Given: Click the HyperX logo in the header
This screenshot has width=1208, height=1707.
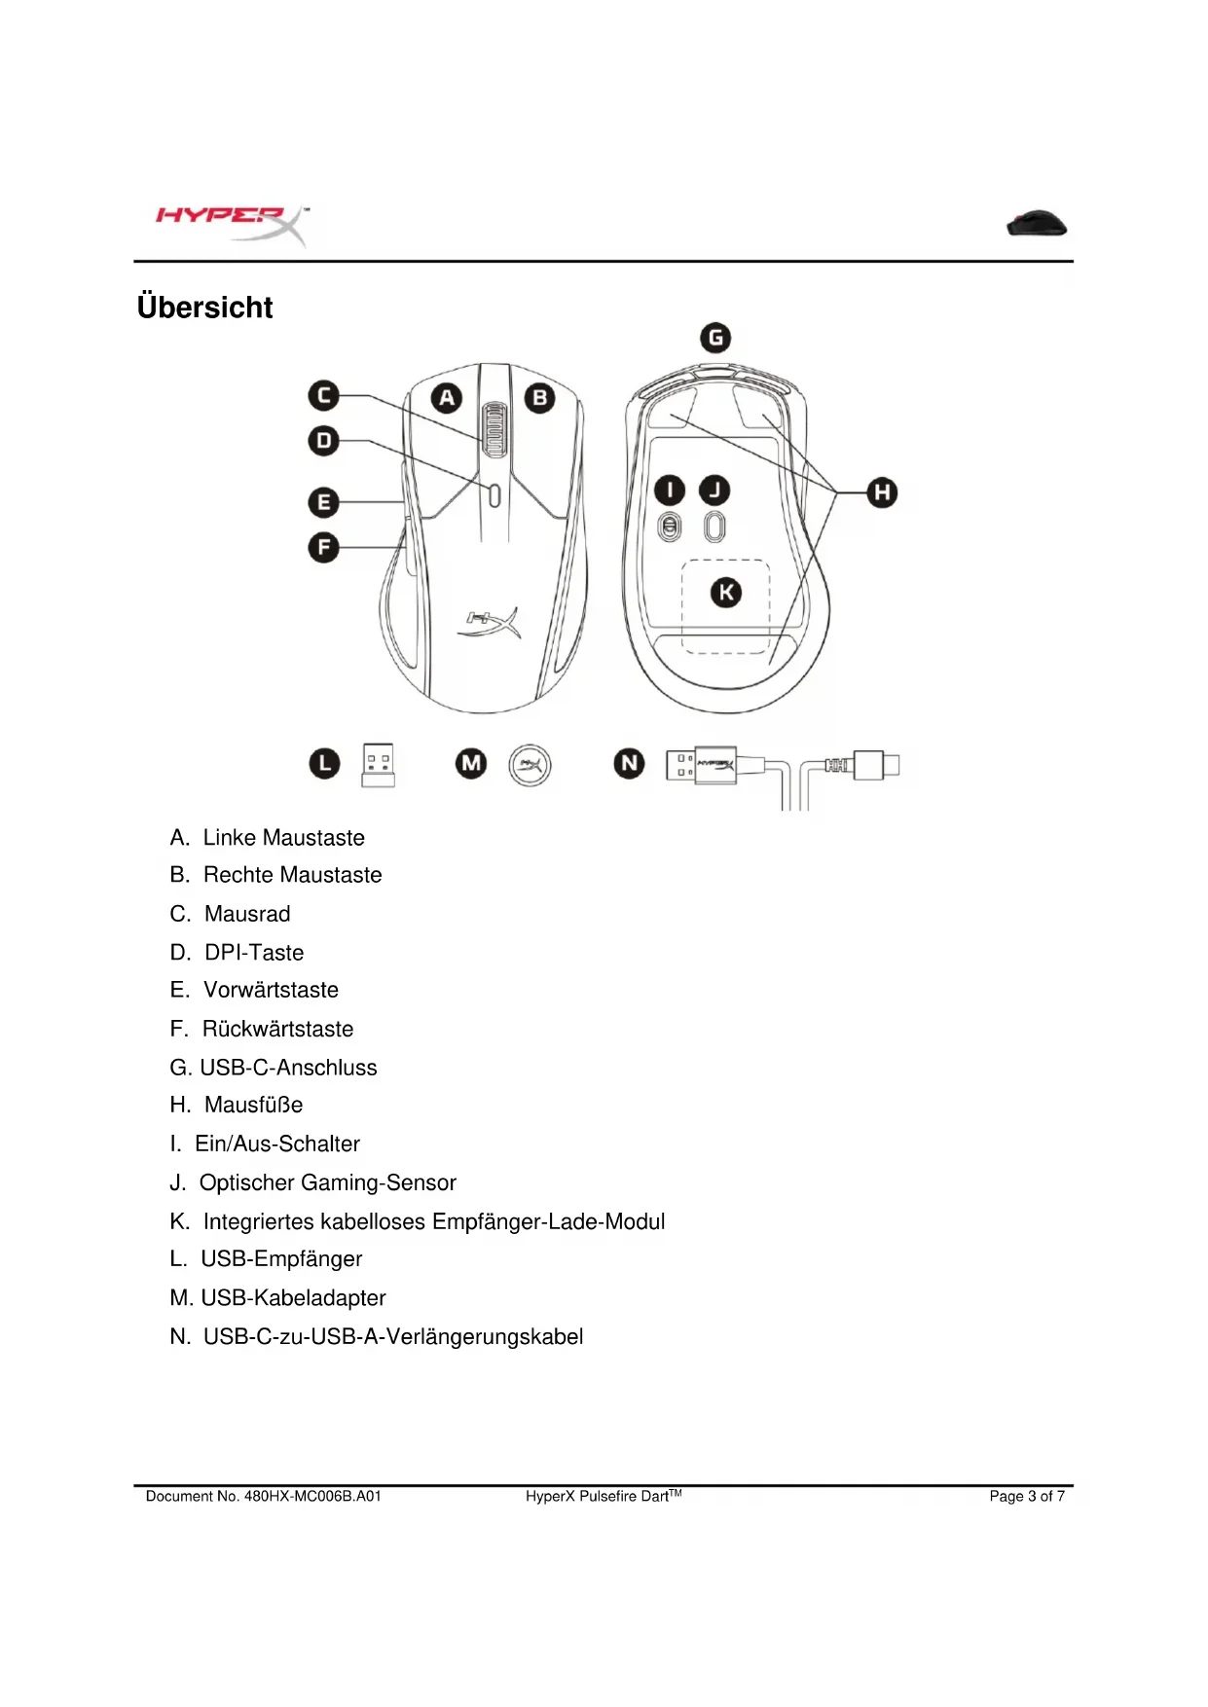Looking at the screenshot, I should (232, 224).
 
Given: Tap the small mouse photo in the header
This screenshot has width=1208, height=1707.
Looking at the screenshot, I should (1037, 224).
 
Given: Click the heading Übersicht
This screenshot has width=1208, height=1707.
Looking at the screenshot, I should (204, 308).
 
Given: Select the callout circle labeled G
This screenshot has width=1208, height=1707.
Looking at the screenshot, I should (715, 338).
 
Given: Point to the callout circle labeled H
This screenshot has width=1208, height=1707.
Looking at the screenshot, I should (882, 492).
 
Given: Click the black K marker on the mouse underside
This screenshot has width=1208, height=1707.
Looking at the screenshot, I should (725, 592).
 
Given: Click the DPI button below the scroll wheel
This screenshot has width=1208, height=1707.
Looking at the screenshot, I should (494, 495).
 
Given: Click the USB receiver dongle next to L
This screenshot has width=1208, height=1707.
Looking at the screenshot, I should (378, 765).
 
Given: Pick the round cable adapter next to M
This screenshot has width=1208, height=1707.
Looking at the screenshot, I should (530, 765).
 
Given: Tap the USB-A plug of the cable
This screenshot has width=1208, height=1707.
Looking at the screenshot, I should (701, 765).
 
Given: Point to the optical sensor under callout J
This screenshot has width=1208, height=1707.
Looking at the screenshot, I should (714, 527).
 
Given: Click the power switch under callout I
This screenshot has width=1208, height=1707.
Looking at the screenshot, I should (670, 527).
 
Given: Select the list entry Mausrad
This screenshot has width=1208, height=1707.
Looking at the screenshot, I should (247, 914).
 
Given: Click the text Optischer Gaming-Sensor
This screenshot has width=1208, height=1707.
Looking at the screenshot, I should (327, 1182).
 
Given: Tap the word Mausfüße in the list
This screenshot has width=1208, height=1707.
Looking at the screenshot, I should (253, 1105).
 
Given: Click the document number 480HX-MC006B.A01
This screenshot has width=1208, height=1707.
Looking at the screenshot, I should (312, 1496).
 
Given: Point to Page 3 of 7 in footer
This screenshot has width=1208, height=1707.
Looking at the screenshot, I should (1026, 1496).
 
